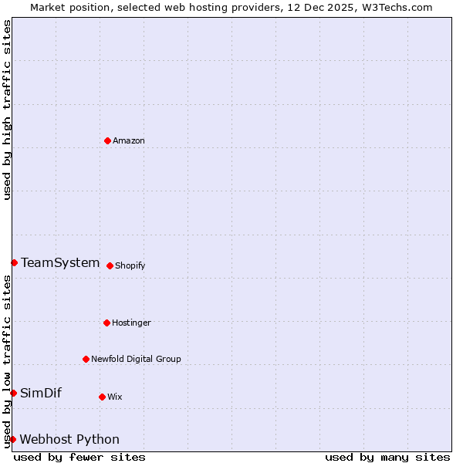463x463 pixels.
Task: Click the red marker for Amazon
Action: [107, 140]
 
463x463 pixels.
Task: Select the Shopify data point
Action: [110, 265]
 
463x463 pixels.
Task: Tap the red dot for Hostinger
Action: [106, 323]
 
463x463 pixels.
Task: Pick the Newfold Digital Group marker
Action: [86, 359]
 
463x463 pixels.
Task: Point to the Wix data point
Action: [102, 397]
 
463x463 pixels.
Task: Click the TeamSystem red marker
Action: [14, 262]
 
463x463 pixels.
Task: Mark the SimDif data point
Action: [13, 393]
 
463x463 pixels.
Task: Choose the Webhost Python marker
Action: [12, 439]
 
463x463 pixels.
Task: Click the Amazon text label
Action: [129, 140]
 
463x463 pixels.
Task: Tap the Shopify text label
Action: [130, 265]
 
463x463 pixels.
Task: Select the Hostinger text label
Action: [131, 323]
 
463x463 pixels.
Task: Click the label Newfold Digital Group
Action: [136, 359]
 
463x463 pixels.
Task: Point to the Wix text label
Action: [115, 397]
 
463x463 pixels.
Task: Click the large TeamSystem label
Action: [60, 262]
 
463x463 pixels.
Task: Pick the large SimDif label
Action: [41, 393]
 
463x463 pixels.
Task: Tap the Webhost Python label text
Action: [69, 439]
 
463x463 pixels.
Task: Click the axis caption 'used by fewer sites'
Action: [79, 457]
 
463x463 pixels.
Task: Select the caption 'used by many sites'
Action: [387, 457]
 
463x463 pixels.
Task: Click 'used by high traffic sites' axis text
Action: [7, 110]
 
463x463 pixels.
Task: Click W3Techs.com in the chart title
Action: [394, 7]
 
